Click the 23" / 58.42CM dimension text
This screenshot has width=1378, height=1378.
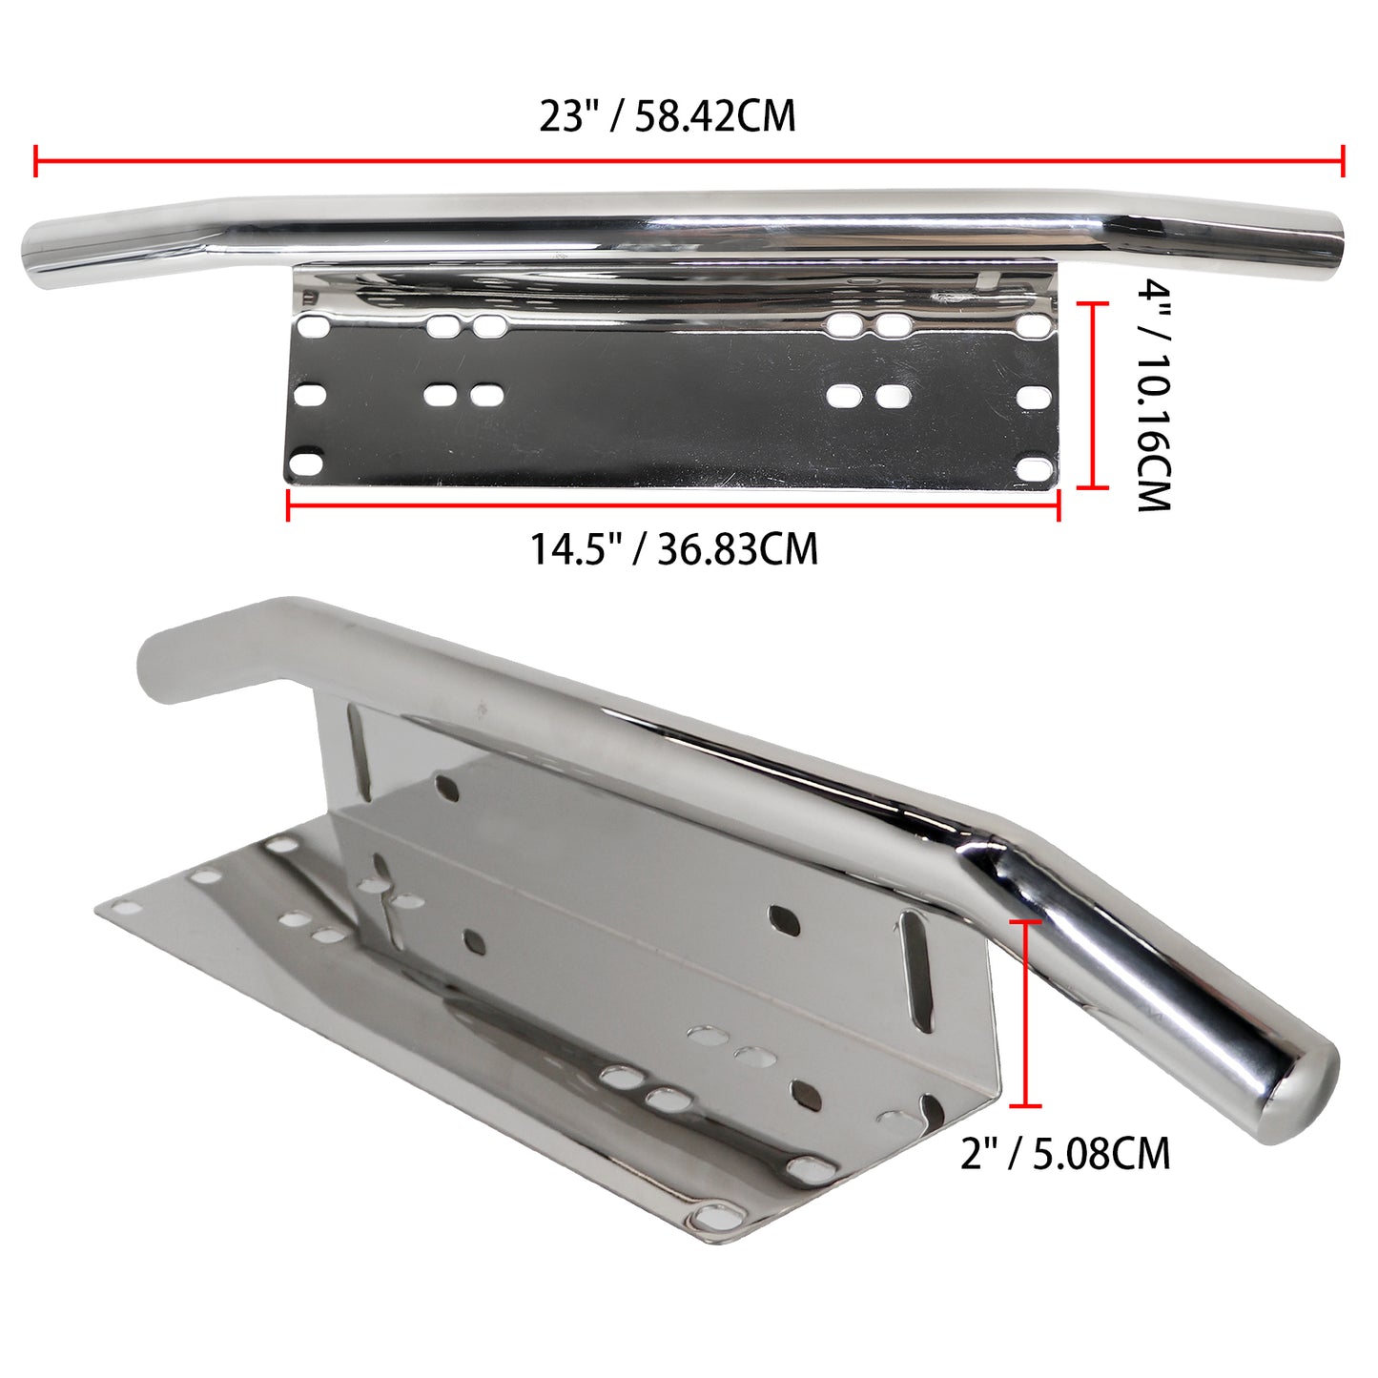[668, 117]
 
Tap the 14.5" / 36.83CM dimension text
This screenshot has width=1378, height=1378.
[674, 549]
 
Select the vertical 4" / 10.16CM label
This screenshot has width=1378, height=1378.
[1153, 396]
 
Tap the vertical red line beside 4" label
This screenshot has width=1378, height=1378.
[1093, 396]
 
